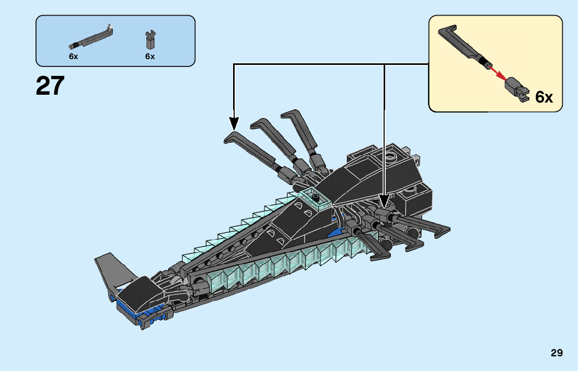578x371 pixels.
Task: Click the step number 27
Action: point(50,86)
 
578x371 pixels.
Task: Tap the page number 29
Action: point(557,353)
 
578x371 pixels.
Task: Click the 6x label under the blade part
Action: point(73,57)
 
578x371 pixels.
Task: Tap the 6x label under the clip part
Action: point(150,57)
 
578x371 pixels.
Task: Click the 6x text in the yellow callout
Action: point(544,97)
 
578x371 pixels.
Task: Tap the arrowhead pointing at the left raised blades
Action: point(234,123)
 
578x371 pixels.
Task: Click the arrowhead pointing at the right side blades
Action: point(385,201)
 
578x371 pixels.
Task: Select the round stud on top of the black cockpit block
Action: point(390,155)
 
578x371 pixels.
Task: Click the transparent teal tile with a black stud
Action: point(315,197)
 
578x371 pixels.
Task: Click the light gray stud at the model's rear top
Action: point(417,158)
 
